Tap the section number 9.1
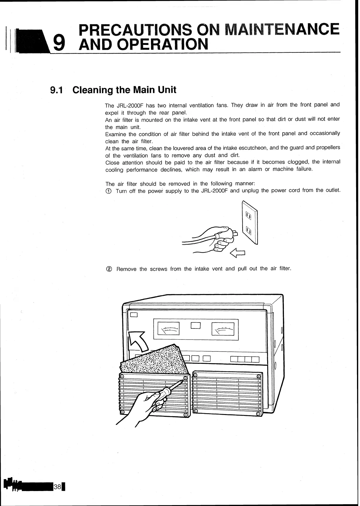click(56, 90)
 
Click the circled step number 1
click(109, 191)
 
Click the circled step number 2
click(109, 269)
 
